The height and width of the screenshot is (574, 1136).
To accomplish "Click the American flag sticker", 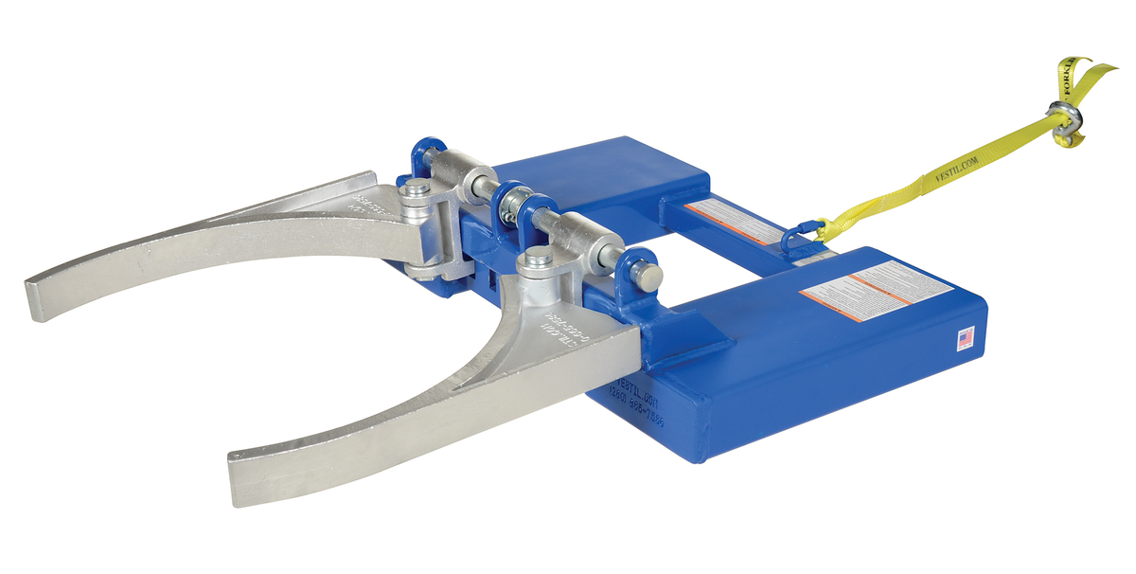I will (966, 338).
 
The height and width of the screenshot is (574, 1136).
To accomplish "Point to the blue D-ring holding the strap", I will (799, 227).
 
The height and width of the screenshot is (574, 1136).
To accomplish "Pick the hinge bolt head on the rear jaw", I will (415, 192).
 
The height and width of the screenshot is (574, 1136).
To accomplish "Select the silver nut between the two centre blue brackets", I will (516, 202).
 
